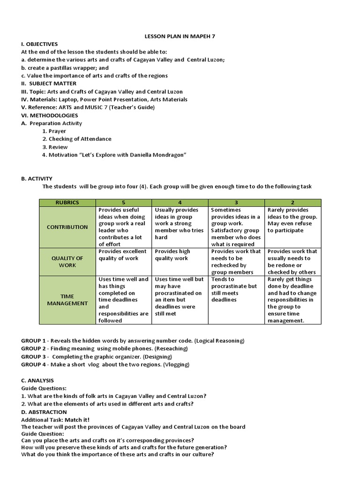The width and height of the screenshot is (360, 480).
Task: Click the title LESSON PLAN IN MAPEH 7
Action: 180,36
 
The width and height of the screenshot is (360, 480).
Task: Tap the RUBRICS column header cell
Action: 67,202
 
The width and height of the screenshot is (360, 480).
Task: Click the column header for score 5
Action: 123,202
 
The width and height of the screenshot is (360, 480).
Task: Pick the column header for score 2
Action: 292,202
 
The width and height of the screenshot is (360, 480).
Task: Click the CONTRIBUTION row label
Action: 67,227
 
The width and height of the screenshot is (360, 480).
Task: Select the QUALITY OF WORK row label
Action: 67,262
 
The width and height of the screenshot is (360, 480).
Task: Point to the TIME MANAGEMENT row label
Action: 67,300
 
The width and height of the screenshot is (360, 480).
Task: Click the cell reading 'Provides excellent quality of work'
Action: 123,255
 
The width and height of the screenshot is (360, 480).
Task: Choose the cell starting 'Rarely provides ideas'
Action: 292,220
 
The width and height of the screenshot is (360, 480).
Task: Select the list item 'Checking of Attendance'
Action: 80,139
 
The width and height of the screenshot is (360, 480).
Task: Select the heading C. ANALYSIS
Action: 37,380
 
